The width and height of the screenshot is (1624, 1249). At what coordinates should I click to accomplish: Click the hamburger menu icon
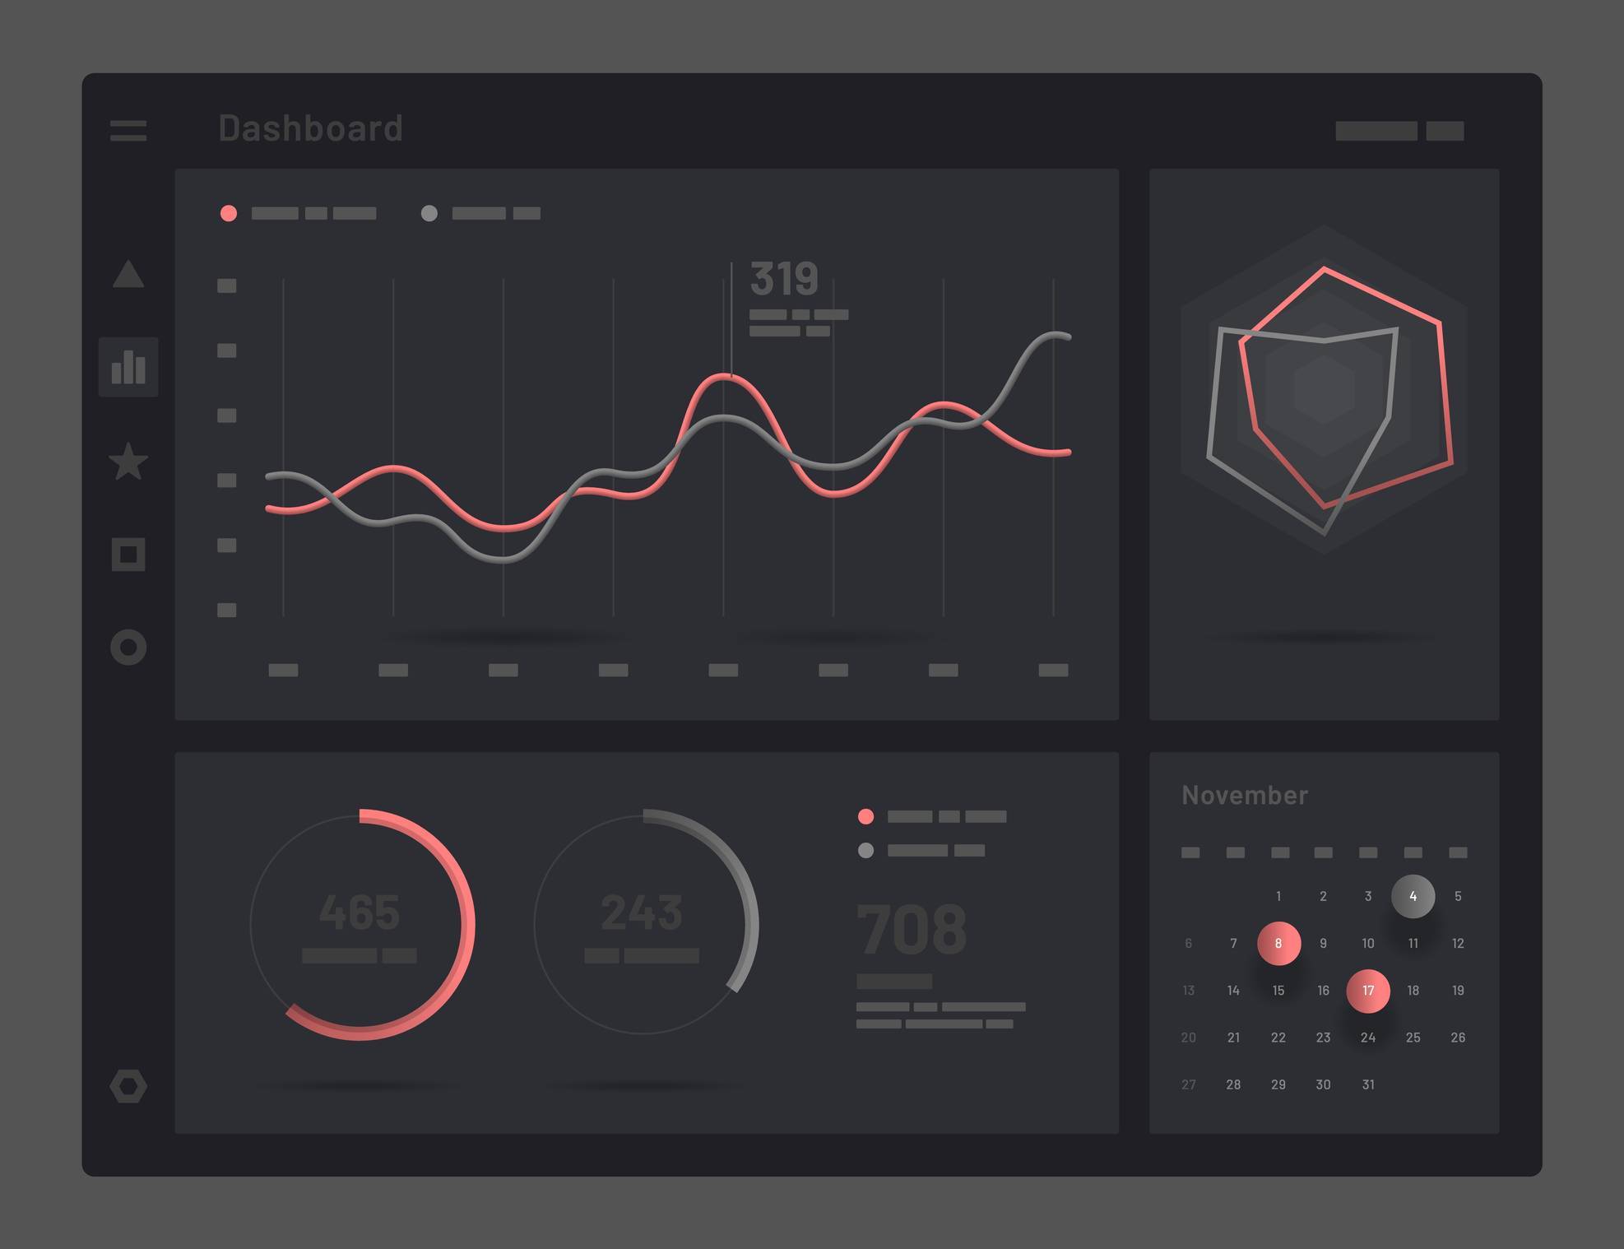128,130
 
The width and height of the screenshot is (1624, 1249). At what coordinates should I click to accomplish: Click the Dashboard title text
310,128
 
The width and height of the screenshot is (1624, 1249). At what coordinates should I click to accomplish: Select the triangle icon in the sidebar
128,275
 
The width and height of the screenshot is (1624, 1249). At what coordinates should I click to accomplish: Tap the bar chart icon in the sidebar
128,367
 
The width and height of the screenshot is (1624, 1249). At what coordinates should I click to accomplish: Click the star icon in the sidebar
128,462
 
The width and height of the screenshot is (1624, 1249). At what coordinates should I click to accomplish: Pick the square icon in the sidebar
128,555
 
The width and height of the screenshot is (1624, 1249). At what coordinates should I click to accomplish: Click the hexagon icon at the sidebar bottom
128,1086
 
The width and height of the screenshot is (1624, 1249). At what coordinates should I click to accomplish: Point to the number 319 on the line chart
784,278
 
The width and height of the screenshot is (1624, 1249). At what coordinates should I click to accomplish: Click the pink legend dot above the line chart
229,213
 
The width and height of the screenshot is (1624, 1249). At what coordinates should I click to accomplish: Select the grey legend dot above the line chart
429,213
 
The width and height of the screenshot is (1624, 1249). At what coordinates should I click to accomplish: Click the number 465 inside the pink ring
360,912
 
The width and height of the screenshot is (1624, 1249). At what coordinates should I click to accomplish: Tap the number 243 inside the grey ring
642,912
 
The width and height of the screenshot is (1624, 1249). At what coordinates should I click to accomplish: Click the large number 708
912,930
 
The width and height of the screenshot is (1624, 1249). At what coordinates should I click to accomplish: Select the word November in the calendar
1244,795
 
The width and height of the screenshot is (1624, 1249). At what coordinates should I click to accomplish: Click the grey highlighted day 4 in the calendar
1413,896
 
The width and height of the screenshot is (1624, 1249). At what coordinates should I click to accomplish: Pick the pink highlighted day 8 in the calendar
1278,943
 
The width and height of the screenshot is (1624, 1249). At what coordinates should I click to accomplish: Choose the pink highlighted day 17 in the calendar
1368,991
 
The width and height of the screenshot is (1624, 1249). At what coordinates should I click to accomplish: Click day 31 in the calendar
1368,1084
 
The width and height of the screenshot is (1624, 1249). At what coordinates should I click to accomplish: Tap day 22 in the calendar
1278,1038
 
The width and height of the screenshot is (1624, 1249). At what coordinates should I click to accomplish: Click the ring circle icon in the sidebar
128,648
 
